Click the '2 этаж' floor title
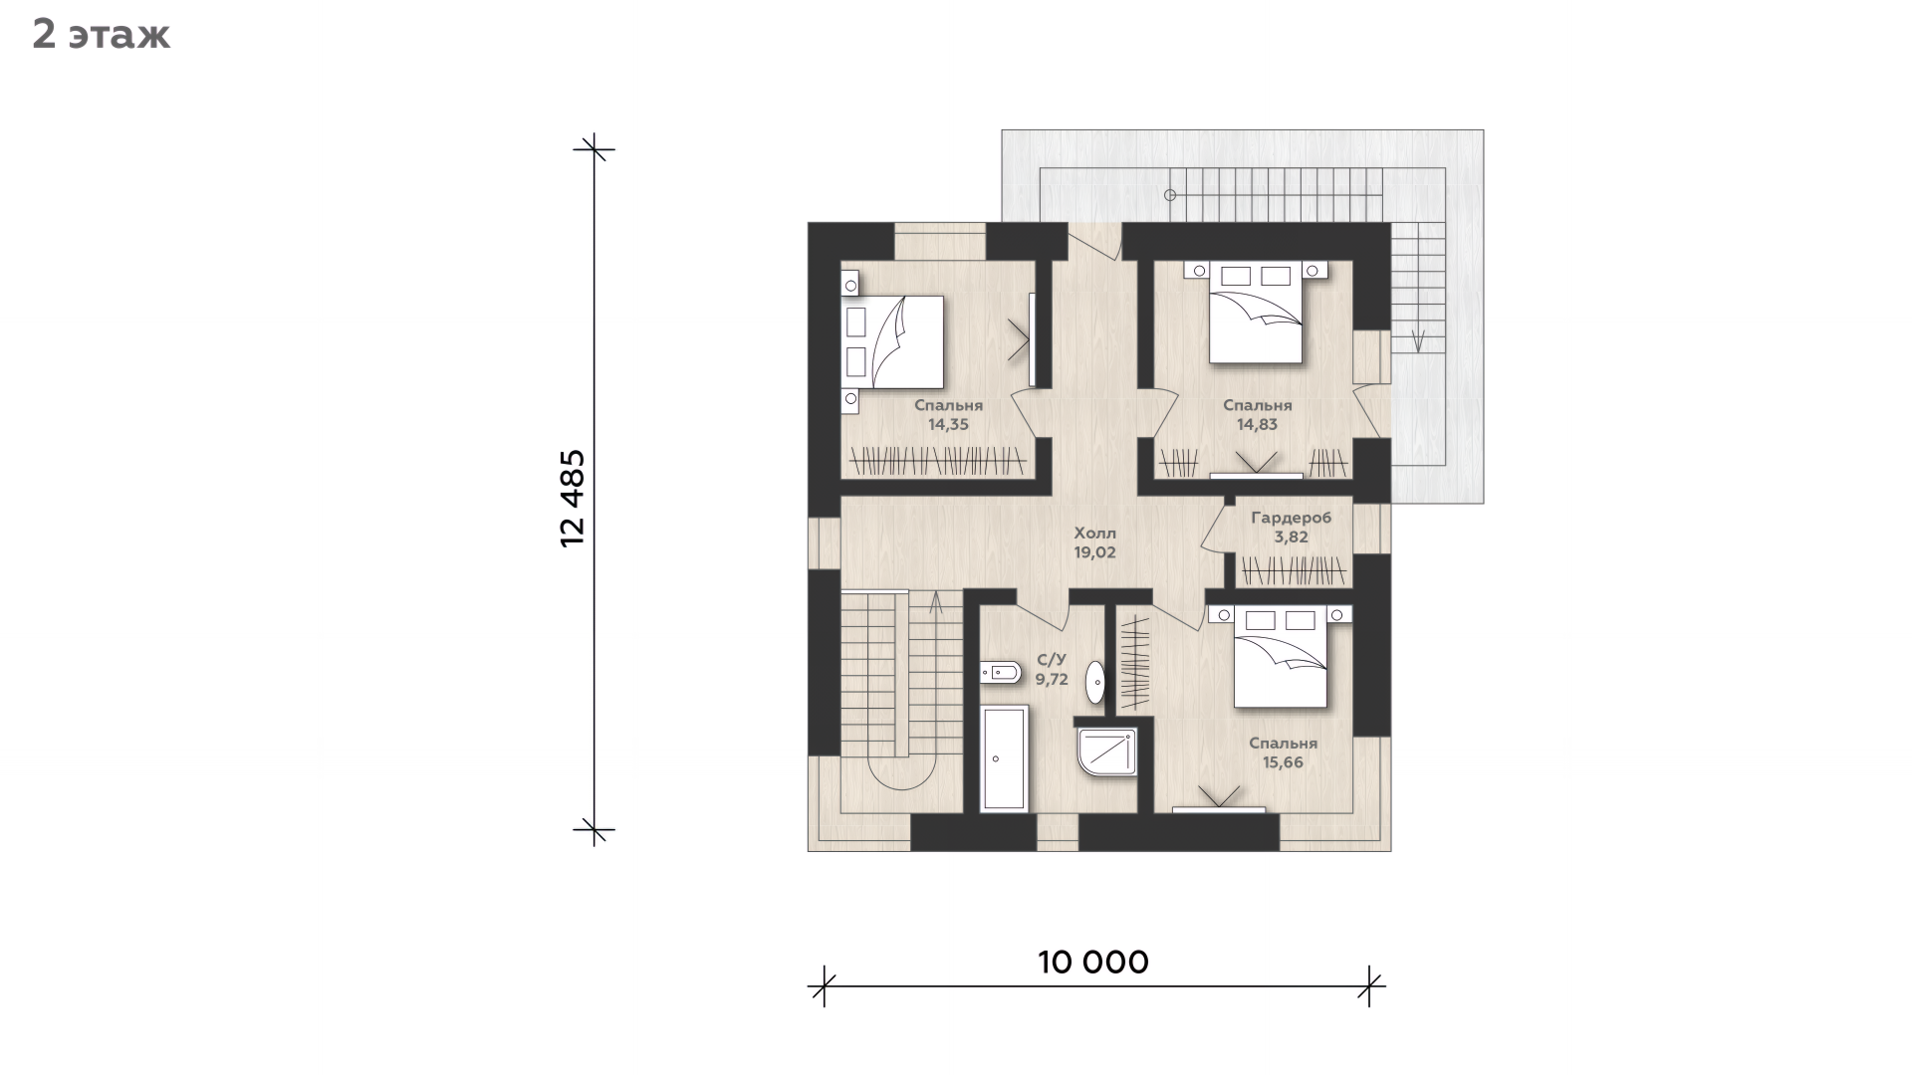coord(101,35)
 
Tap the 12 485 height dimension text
coord(573,498)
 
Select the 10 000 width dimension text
coord(1093,962)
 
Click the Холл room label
coord(1095,533)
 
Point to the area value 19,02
coord(1095,552)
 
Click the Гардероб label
coord(1292,518)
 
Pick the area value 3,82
coord(1292,537)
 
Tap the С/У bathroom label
coord(1052,659)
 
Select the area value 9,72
coord(1052,679)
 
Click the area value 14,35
coord(949,424)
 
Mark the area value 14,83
coord(1258,424)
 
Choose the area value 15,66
coord(1284,762)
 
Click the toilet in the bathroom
coord(1001,673)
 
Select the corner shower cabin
coord(1107,756)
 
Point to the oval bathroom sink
coord(1095,682)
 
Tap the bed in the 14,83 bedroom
coord(1256,313)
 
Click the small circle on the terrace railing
coord(1171,195)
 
